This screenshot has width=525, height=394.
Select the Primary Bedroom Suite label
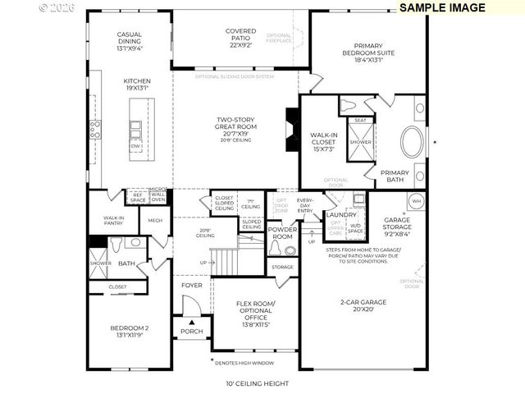tap(373, 52)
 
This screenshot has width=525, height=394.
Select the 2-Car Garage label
tap(363, 306)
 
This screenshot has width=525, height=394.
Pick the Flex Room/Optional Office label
tap(255, 314)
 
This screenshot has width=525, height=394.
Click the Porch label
tap(191, 332)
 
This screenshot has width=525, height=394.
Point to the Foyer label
tap(192, 286)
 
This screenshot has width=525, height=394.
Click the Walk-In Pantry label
tap(112, 221)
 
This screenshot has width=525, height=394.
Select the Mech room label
tap(154, 220)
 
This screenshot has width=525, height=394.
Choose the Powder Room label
tap(281, 233)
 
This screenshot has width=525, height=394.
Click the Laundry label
tap(342, 214)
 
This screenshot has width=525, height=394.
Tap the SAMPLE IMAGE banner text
tap(442, 7)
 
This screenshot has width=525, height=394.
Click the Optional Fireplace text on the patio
tap(280, 39)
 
